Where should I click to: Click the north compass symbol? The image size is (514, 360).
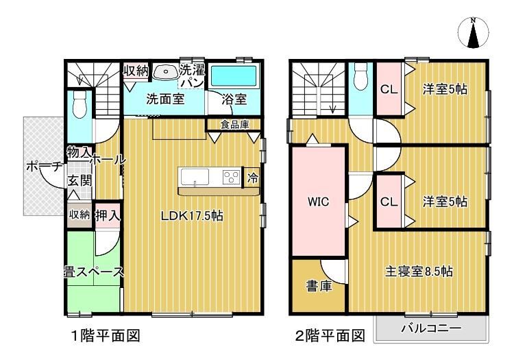click(473, 33)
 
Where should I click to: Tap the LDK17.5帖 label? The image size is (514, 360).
click(192, 216)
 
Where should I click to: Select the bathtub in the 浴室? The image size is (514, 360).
click(233, 76)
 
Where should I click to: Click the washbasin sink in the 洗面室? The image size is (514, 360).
click(165, 72)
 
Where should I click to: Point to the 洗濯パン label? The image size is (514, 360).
click(193, 76)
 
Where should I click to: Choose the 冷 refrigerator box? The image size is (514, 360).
click(252, 178)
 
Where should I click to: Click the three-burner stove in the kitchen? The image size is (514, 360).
click(232, 178)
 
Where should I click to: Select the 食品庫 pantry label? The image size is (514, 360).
click(234, 125)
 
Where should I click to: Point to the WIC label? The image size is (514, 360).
click(318, 202)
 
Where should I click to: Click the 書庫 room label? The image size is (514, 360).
click(319, 286)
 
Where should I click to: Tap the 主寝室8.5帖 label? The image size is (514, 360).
click(419, 272)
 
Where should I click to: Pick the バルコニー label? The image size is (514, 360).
click(431, 328)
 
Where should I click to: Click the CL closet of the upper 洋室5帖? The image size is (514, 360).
click(389, 89)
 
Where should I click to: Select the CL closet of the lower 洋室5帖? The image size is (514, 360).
click(389, 202)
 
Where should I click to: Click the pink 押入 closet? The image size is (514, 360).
click(108, 215)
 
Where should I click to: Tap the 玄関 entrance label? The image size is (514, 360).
click(79, 180)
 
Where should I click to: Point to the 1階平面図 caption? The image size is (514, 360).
click(106, 335)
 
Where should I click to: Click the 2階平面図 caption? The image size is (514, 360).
click(330, 335)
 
